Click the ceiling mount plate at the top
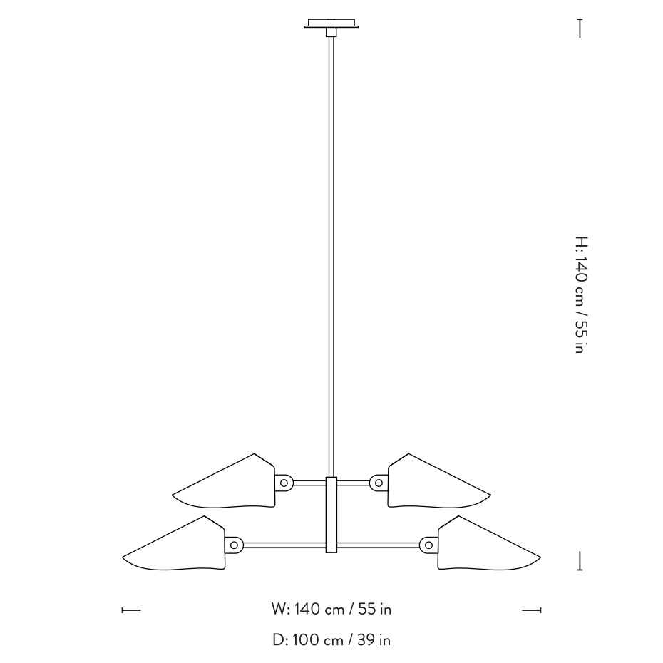pos(331,24)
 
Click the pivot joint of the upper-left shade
pos(284,483)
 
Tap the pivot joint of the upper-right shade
pos(379,483)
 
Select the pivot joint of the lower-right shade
pos(428,545)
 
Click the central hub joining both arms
pos(331,513)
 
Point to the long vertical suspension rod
pos(331,250)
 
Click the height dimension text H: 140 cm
pos(580,295)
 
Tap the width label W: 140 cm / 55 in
pos(331,610)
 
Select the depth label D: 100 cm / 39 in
pos(331,640)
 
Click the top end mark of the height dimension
pos(580,29)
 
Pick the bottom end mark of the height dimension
pos(580,560)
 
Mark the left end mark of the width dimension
pos(131,610)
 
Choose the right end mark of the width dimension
pos(532,610)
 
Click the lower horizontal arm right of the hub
pos(378,545)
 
